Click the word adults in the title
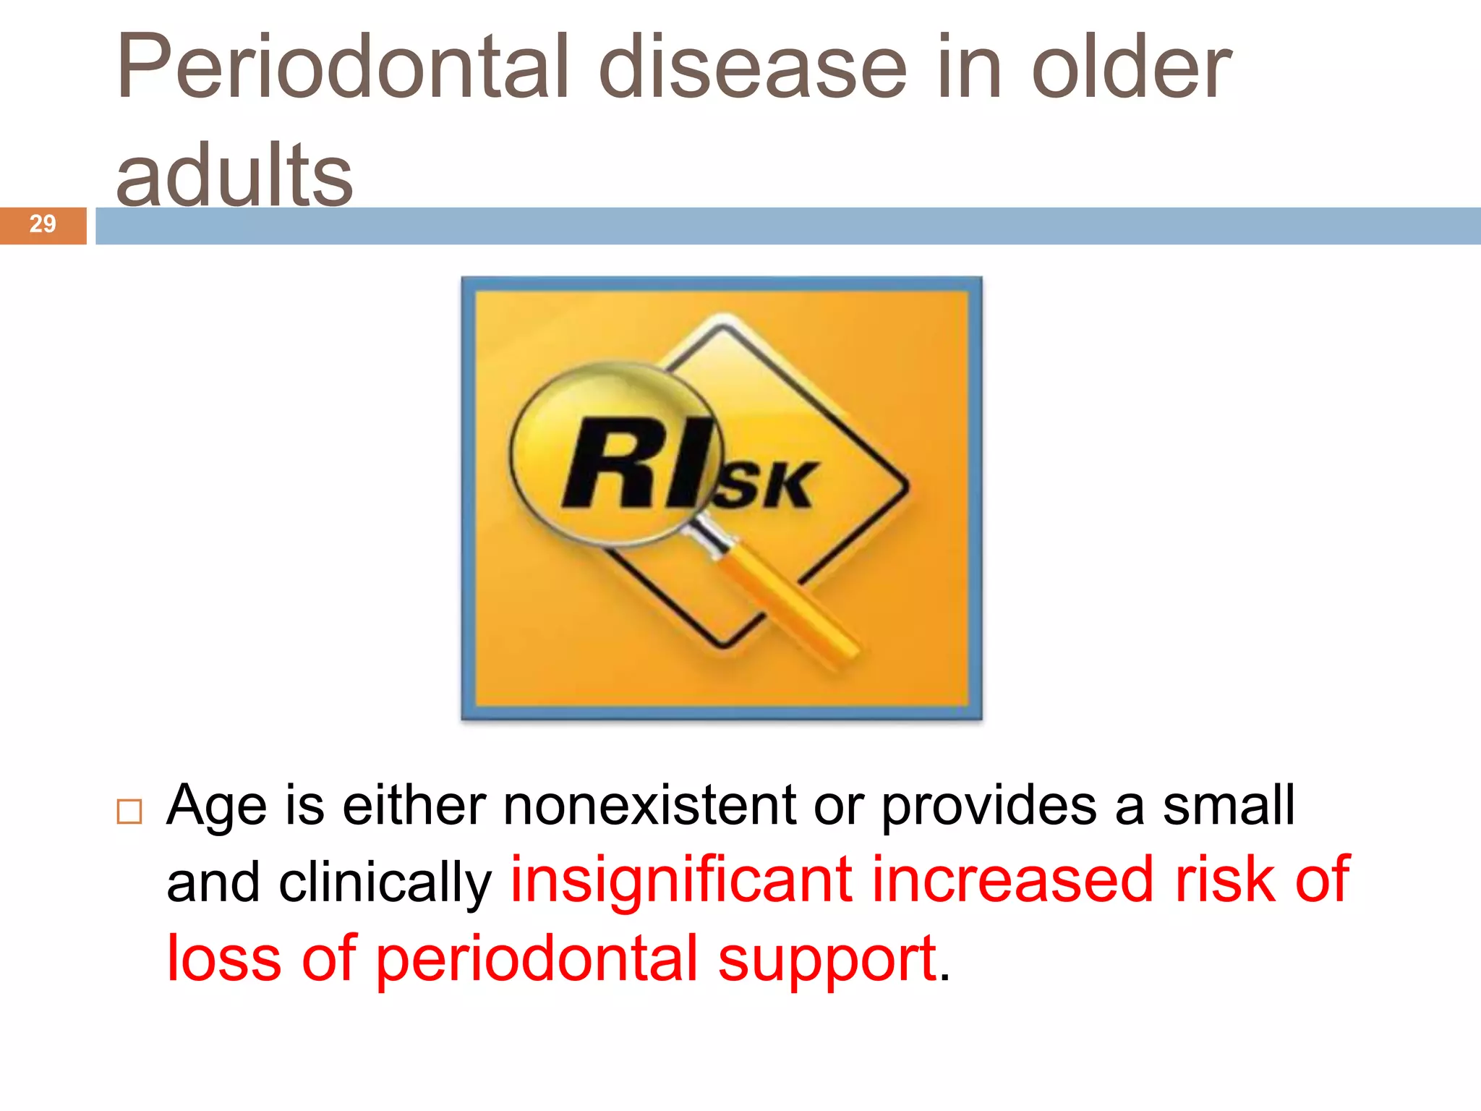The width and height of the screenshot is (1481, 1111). [234, 175]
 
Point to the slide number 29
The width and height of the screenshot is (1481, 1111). [43, 224]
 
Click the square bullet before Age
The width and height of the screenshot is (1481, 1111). [129, 812]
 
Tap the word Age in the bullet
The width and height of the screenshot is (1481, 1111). [216, 806]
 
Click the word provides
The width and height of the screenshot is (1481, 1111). [989, 806]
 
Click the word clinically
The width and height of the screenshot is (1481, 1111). [385, 884]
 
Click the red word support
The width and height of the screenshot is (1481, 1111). [827, 961]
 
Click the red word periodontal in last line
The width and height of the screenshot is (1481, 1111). [537, 959]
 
